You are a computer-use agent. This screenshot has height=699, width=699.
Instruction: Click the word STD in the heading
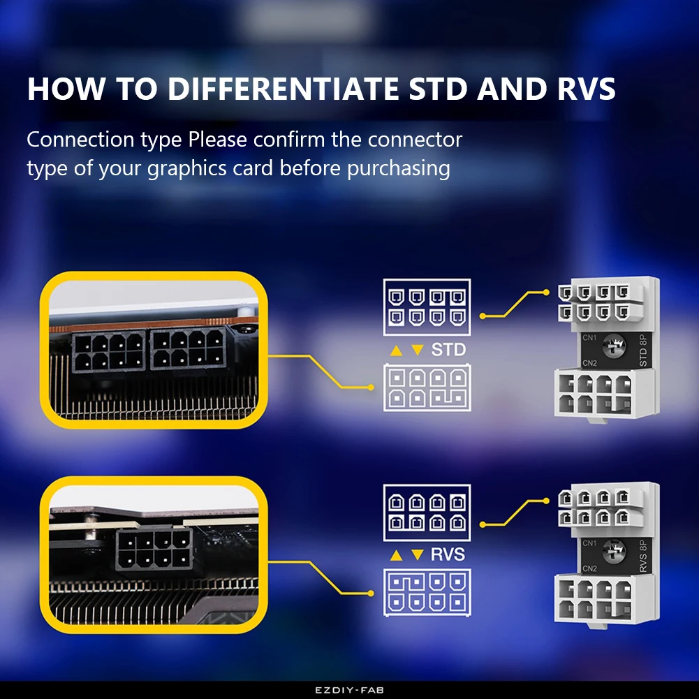[437, 89]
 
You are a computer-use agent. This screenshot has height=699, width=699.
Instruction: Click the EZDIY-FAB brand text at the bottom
[349, 690]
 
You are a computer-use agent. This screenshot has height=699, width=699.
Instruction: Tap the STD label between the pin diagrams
[448, 349]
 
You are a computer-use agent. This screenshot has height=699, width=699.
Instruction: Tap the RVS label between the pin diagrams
[448, 554]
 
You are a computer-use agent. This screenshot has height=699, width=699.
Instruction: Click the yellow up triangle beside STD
[396, 350]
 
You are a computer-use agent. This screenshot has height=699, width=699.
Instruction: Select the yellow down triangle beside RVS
[417, 555]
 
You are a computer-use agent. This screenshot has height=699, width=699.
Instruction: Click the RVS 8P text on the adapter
[644, 555]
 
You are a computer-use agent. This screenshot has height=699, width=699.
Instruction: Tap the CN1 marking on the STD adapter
[589, 337]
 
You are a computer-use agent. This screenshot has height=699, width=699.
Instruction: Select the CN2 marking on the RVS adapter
[589, 568]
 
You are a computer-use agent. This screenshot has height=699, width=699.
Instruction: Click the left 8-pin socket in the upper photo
[108, 351]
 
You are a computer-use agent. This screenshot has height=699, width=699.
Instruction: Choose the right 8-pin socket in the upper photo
[186, 349]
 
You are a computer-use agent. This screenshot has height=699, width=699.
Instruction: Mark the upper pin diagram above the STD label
[427, 308]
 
